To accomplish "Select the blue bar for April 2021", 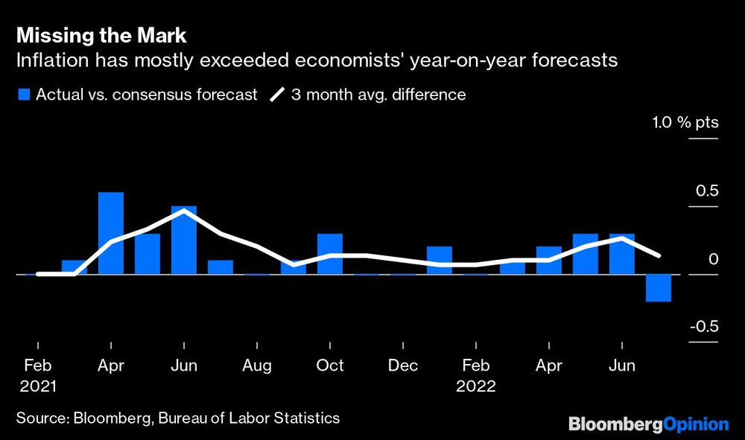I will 111,233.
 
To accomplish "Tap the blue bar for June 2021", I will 183,240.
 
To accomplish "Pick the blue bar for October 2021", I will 329,254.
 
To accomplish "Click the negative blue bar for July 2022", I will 658,287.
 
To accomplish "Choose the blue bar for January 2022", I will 439,260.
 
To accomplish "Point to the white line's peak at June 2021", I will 183,211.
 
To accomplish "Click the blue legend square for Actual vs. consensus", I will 22,95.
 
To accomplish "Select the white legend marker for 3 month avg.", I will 276,95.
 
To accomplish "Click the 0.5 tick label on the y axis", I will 707,191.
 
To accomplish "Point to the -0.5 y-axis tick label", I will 703,327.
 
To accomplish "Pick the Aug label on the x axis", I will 257,366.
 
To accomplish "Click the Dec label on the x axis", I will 403,366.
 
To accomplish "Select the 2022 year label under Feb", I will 476,386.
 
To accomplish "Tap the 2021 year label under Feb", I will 37,386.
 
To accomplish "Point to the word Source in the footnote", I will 41,418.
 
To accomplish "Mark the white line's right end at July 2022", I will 658,255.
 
